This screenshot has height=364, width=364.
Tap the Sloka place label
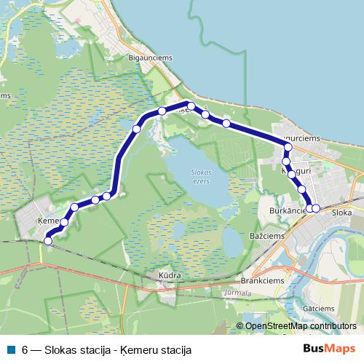pyautogui.click(x=341, y=212)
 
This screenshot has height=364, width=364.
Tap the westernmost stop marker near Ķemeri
pyautogui.click(x=49, y=240)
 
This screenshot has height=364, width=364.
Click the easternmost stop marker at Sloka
pyautogui.click(x=316, y=208)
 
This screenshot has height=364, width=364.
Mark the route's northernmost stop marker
pyautogui.click(x=191, y=106)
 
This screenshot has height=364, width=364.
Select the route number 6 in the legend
pyautogui.click(x=25, y=349)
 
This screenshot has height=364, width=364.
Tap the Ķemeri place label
pyautogui.click(x=47, y=218)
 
